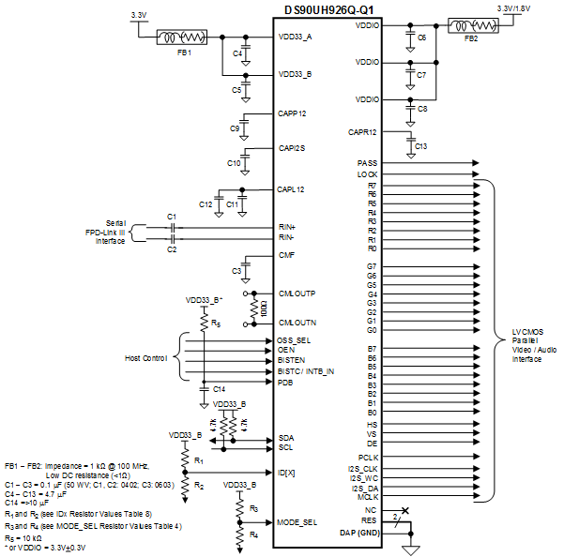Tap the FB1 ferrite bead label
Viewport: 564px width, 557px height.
click(x=184, y=53)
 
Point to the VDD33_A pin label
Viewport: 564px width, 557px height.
click(x=296, y=38)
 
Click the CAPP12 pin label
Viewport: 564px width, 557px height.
click(x=293, y=113)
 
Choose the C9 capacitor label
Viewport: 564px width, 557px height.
click(x=235, y=128)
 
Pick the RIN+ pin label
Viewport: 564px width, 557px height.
click(x=287, y=227)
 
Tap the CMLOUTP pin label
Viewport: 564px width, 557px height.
click(x=297, y=294)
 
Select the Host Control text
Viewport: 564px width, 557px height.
click(x=146, y=358)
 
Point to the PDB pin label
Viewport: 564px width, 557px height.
click(x=285, y=383)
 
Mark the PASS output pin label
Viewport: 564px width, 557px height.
click(x=368, y=163)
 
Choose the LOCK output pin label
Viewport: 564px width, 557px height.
click(x=368, y=174)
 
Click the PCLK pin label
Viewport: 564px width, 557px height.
click(x=367, y=457)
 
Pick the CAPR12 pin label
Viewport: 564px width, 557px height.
click(x=362, y=132)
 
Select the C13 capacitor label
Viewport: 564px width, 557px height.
click(x=420, y=147)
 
